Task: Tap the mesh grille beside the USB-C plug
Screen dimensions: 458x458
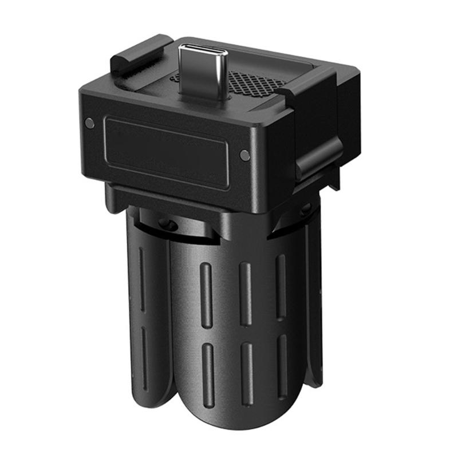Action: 256,83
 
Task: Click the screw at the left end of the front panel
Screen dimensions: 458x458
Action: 89,123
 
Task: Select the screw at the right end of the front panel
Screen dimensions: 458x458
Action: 244,155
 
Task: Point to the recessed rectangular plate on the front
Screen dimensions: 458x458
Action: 167,152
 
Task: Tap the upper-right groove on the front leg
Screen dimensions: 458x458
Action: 281,283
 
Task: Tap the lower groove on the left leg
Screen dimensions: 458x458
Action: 144,358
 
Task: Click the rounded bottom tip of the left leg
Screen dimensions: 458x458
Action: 152,401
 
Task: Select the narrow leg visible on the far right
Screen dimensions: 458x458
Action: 314,303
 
